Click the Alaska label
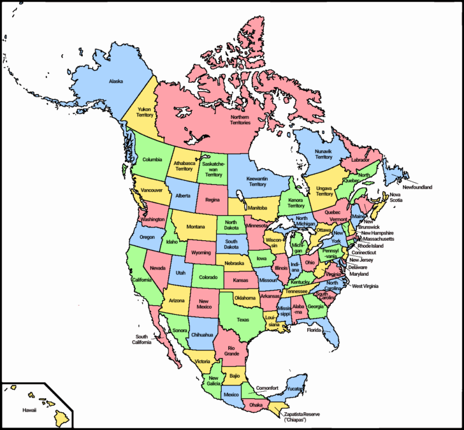coord(116,82)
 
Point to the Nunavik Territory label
coord(323,154)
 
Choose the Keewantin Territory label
coord(257,181)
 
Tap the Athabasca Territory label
coord(184,166)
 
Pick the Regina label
coord(212,199)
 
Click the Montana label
coord(196,227)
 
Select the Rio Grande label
coord(231,350)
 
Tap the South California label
coord(141,339)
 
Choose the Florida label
coord(313,331)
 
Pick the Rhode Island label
coord(371,245)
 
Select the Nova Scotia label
coord(396,197)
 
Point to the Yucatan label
coord(293,388)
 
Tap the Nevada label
coord(158,268)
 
